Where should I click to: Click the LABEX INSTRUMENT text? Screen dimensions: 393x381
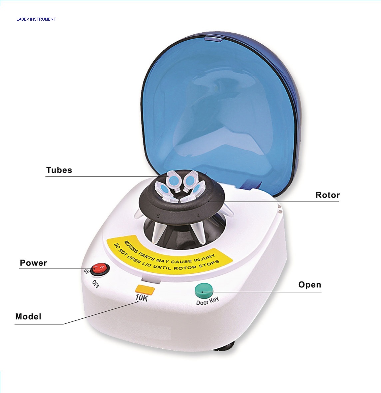click(36, 19)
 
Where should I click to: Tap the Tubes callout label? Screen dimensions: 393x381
click(59, 170)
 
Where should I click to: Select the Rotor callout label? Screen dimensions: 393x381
click(327, 195)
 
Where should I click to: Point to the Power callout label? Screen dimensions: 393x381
click(33, 263)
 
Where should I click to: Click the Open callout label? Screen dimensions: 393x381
click(309, 285)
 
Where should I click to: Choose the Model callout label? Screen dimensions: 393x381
click(28, 316)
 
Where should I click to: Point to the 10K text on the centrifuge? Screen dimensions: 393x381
click(142, 297)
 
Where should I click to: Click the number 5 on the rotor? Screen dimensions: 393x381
click(158, 216)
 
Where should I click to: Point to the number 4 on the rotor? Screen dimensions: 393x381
click(198, 216)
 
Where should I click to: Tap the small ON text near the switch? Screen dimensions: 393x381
click(86, 271)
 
